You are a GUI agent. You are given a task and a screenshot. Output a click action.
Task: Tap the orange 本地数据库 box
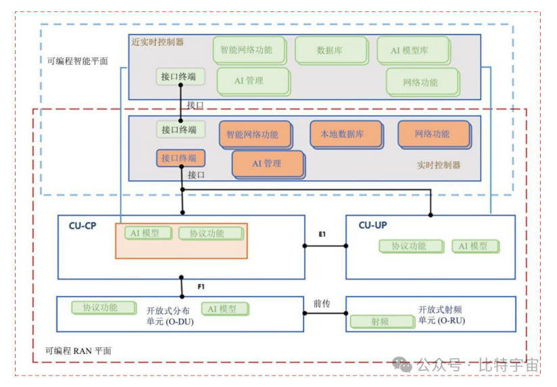coord(342,134)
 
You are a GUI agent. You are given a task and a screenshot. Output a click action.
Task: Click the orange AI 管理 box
coord(266,163)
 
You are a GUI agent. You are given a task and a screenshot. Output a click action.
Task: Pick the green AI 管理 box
coord(249,80)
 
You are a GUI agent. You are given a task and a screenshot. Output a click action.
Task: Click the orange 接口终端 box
coord(179,158)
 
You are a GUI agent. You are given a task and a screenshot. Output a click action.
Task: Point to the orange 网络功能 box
coord(432,134)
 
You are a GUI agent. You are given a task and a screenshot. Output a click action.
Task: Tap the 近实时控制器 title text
coord(158,42)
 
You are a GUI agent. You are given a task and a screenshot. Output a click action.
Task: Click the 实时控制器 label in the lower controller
coord(439,165)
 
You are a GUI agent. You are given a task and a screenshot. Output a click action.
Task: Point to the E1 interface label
coord(322,234)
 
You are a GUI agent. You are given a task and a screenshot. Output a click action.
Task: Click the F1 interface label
coord(201,287)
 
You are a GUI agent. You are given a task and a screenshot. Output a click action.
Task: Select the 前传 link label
coord(322,304)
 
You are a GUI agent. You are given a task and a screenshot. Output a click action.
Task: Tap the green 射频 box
coord(380,322)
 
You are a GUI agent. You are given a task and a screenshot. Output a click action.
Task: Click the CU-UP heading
coord(372,225)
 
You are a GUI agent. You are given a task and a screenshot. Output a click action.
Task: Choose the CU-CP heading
coord(82,226)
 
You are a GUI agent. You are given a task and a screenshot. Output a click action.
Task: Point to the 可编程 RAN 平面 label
coord(78,351)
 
